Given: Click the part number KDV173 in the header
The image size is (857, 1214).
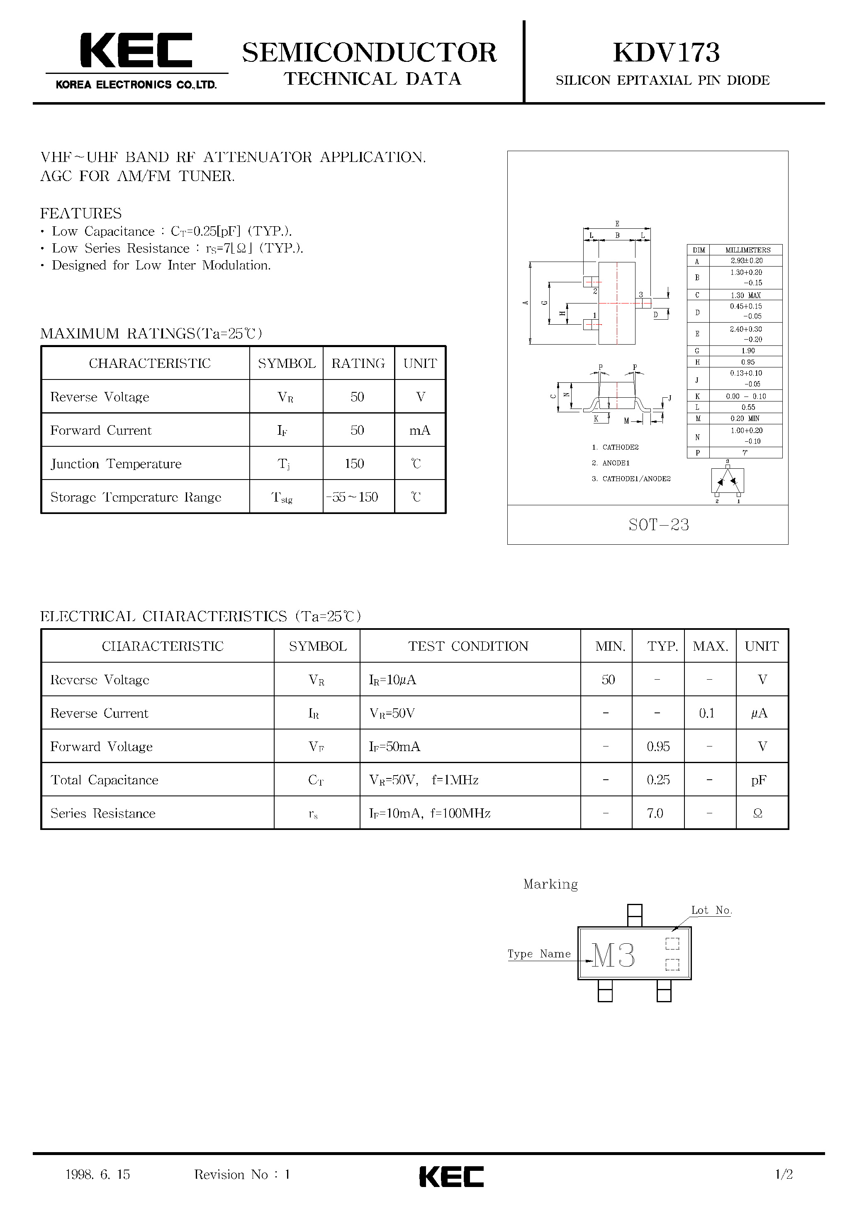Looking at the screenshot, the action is [x=666, y=52].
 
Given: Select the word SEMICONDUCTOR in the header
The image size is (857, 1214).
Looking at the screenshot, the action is [x=369, y=52].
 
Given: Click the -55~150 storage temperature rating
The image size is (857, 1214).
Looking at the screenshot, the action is [x=353, y=497].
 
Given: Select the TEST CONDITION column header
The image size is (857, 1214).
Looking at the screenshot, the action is [x=468, y=646].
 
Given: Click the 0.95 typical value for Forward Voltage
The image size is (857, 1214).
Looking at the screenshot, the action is [x=658, y=747].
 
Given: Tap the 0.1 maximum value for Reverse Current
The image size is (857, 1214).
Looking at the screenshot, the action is [x=706, y=713].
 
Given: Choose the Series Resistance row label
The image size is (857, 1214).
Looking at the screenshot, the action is [x=103, y=813].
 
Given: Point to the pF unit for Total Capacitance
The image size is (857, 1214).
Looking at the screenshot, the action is [x=759, y=780].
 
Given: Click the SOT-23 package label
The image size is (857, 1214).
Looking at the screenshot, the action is [x=658, y=524].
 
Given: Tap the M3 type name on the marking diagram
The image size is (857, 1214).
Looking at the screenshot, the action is [x=613, y=955].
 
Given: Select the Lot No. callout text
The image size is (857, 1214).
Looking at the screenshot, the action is [x=711, y=910].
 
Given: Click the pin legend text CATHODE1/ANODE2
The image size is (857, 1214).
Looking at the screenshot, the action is [x=636, y=479].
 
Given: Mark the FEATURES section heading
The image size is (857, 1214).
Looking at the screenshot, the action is [x=81, y=213].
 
